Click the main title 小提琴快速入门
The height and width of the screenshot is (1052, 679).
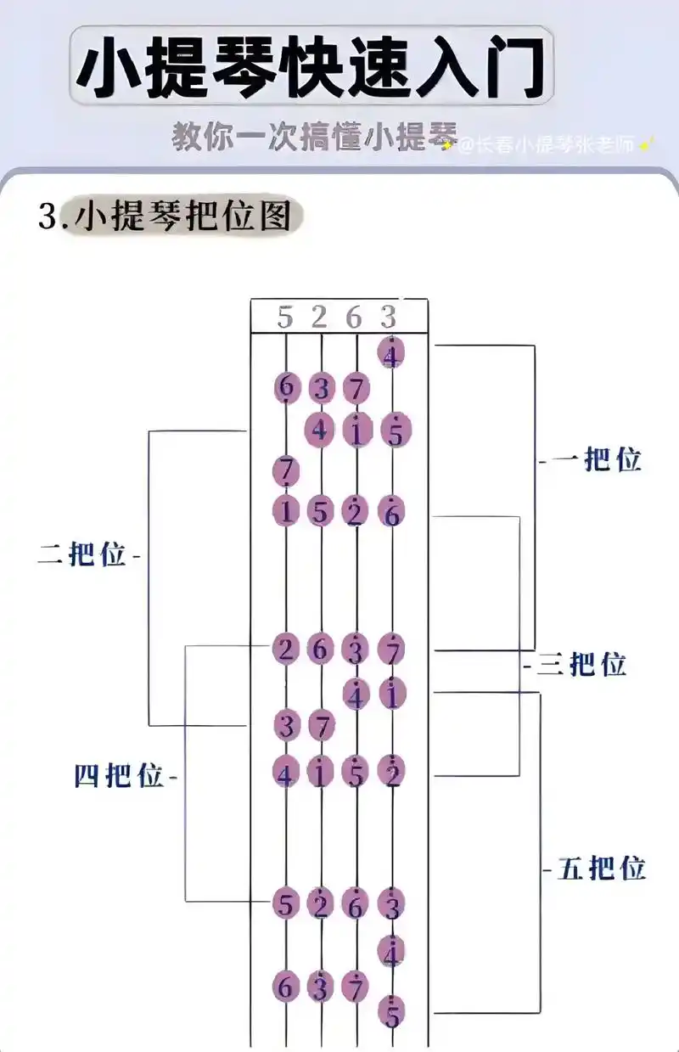pyautogui.click(x=311, y=66)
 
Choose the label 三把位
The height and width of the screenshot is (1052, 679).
pyautogui.click(x=581, y=664)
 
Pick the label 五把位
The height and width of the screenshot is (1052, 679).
pyautogui.click(x=601, y=869)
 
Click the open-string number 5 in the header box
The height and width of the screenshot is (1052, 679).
pyautogui.click(x=285, y=318)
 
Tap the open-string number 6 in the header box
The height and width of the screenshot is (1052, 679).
pyautogui.click(x=354, y=318)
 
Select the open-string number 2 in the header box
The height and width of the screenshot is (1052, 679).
pyautogui.click(x=319, y=318)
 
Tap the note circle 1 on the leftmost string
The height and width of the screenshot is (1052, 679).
pyautogui.click(x=286, y=512)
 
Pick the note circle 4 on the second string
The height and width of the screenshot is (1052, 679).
pyautogui.click(x=320, y=430)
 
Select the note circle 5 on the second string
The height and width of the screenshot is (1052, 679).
pyautogui.click(x=320, y=512)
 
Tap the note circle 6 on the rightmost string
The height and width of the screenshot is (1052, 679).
pyautogui.click(x=391, y=512)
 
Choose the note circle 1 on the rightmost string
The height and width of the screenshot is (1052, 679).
pyautogui.click(x=391, y=695)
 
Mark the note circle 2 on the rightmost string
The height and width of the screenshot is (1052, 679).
pyautogui.click(x=391, y=774)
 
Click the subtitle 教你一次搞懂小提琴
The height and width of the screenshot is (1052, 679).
pyautogui.click(x=314, y=137)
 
